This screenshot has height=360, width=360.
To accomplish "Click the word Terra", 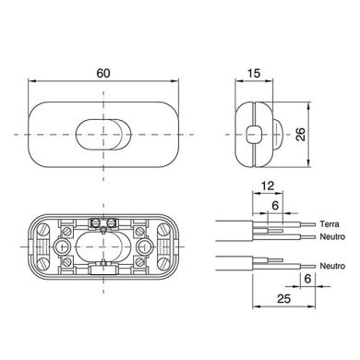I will point(329,223).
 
